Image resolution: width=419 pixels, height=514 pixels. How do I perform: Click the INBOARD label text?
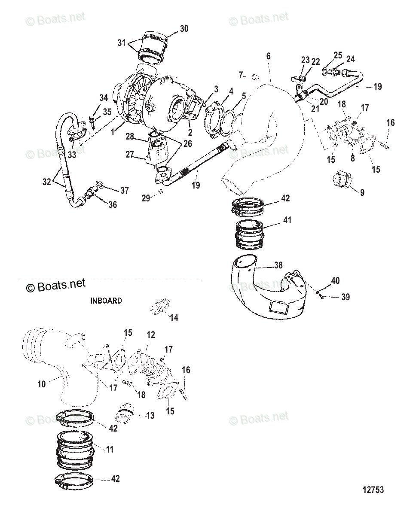click(106, 301)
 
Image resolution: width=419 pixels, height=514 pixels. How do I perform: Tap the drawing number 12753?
click(373, 490)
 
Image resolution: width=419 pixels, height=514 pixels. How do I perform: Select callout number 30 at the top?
click(184, 29)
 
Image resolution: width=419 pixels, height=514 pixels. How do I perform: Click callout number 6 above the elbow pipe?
click(269, 56)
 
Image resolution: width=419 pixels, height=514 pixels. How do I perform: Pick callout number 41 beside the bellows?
click(287, 220)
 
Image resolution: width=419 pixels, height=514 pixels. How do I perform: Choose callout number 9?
click(362, 193)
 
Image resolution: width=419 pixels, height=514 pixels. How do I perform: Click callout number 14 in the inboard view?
click(174, 318)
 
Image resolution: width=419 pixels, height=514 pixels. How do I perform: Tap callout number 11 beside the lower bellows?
click(110, 450)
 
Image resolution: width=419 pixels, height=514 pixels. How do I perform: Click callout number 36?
click(112, 205)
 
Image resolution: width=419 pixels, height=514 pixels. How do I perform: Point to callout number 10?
click(41, 384)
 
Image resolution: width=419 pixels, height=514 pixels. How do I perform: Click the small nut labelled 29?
click(160, 191)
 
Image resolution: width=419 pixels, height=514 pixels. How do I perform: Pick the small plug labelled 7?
click(255, 77)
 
